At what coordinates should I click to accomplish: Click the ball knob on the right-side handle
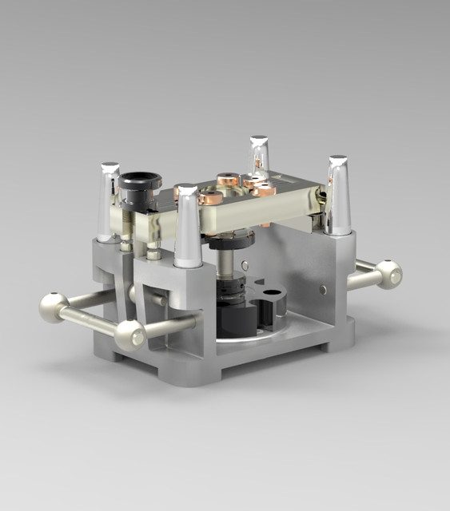388,274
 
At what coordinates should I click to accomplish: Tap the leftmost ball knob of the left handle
54,307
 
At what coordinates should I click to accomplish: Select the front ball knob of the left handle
129,335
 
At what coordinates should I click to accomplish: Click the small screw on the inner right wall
322,289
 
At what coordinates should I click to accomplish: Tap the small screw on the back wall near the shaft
245,265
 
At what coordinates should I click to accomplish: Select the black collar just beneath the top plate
233,238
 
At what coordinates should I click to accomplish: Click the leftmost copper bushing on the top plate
211,196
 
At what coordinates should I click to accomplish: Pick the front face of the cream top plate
232,219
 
